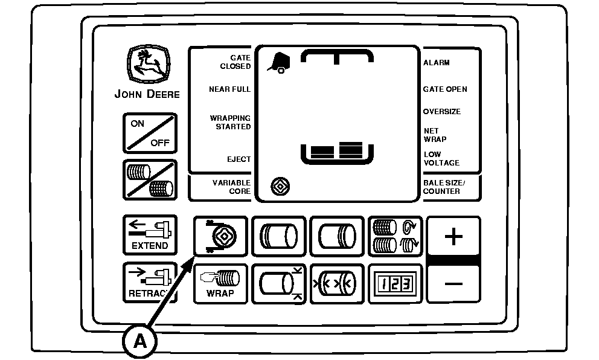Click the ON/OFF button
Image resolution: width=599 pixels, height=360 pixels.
(x=150, y=133)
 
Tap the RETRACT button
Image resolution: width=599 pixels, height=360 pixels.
(x=150, y=282)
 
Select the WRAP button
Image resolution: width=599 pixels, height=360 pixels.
(x=220, y=283)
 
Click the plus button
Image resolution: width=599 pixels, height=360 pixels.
(x=453, y=236)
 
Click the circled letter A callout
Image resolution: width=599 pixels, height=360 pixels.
(x=140, y=341)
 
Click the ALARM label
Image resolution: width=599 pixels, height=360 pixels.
(x=437, y=63)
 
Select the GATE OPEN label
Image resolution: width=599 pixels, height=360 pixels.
(x=445, y=89)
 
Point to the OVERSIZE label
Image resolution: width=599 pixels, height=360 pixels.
(x=442, y=112)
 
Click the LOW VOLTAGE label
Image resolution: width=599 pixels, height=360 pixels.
(x=441, y=158)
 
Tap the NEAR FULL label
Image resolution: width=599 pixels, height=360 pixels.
(x=229, y=89)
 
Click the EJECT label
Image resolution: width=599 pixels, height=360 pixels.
(x=239, y=159)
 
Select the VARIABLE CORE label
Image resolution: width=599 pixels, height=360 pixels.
(x=231, y=187)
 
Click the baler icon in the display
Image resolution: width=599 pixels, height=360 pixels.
(x=278, y=62)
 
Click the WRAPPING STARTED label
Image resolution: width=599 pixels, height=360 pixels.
(x=230, y=122)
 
